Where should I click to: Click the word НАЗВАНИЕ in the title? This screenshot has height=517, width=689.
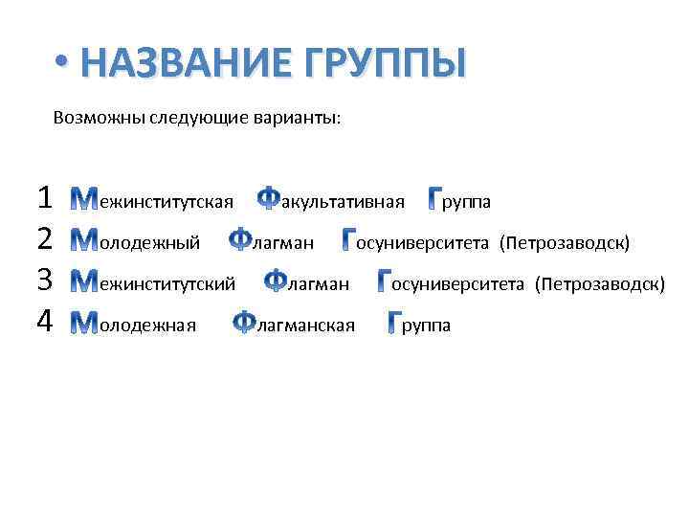(189, 63)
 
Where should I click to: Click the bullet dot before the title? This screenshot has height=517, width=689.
(62, 64)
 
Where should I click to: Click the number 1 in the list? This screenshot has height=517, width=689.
(44, 199)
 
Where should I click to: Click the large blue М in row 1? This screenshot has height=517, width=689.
(85, 200)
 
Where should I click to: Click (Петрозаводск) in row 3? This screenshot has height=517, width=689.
(599, 284)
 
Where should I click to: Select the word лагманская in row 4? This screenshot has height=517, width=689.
(306, 326)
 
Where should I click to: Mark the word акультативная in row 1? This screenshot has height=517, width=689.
(343, 202)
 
